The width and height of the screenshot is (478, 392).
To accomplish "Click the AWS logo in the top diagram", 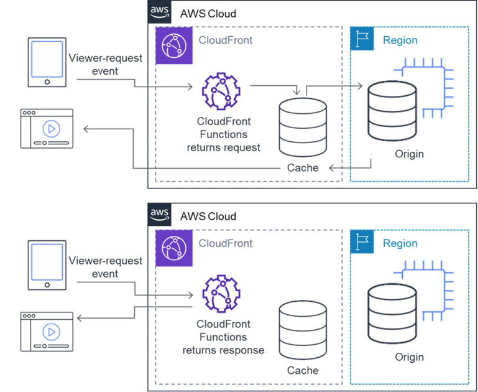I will point(160,12).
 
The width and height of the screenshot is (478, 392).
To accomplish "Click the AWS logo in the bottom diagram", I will point(160,215).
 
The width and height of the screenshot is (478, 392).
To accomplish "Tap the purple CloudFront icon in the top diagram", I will point(172,45).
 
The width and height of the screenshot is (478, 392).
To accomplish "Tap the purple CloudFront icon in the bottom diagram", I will point(172,247).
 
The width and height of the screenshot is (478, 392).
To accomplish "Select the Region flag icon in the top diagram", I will point(362,39).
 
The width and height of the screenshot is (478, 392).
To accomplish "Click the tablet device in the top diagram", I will point(47,62).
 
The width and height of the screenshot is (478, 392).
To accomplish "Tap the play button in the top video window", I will point(51,129).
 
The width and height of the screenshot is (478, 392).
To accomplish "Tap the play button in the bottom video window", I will point(51,331).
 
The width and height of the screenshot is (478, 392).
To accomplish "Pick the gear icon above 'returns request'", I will point(221,91).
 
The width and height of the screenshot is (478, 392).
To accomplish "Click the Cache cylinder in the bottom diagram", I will point(303,329).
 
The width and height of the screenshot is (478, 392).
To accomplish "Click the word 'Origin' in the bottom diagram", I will point(409,357).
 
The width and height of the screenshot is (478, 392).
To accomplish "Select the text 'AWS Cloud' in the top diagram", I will point(208,13).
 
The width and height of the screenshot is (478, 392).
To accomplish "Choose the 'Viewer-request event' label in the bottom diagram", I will point(105,267).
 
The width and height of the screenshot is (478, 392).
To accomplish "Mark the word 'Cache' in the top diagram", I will point(303,167).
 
